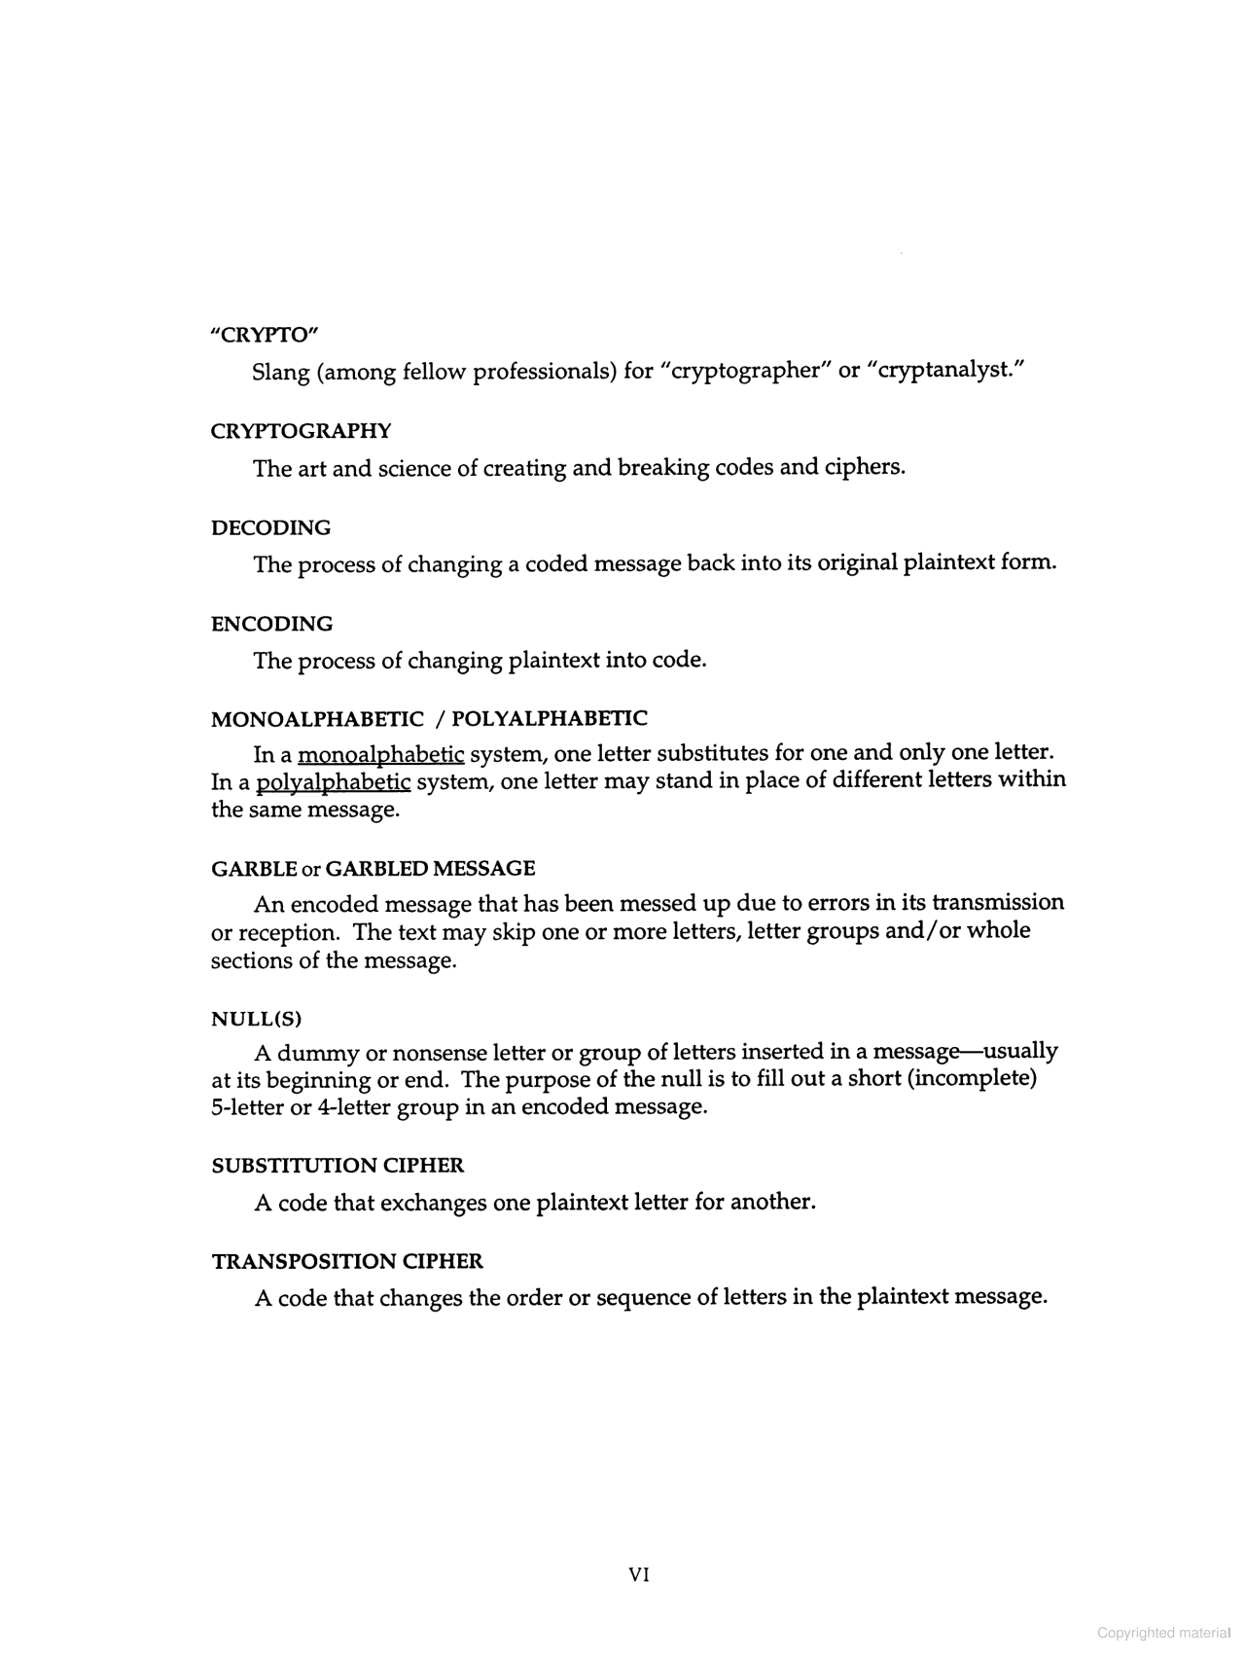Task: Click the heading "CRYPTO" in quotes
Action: [265, 335]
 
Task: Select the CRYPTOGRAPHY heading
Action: [301, 431]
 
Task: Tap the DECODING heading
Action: [270, 527]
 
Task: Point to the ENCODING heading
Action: [271, 624]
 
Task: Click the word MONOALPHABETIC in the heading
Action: [317, 719]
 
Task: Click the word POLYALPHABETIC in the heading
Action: [550, 719]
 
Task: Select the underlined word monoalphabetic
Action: [381, 754]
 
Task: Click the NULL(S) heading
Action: [257, 1019]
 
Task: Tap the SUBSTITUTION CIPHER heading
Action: [338, 1166]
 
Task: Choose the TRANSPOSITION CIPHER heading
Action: [347, 1262]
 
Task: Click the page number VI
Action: [639, 1574]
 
